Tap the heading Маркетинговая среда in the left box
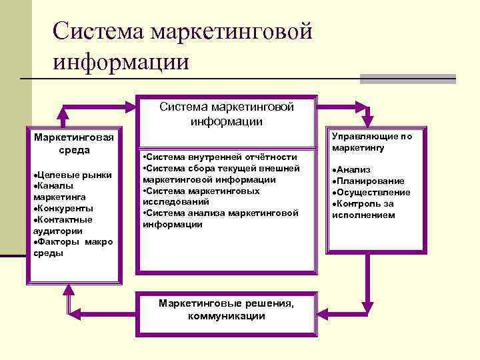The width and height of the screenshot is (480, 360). (x=74, y=143)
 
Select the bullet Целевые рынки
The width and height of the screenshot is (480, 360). (x=72, y=175)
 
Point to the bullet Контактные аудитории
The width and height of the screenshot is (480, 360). (x=63, y=225)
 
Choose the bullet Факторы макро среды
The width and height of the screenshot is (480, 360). (x=72, y=247)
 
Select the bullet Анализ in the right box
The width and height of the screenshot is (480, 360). (x=353, y=170)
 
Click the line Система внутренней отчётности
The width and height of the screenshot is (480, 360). (x=220, y=157)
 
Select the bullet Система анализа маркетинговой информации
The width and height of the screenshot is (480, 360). (x=220, y=219)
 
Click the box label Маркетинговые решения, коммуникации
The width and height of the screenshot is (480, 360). (x=226, y=310)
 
